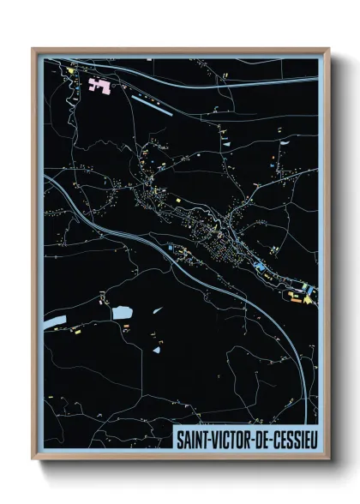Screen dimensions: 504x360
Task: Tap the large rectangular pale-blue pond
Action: [122, 313]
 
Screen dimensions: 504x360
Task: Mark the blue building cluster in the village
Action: [258, 267]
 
